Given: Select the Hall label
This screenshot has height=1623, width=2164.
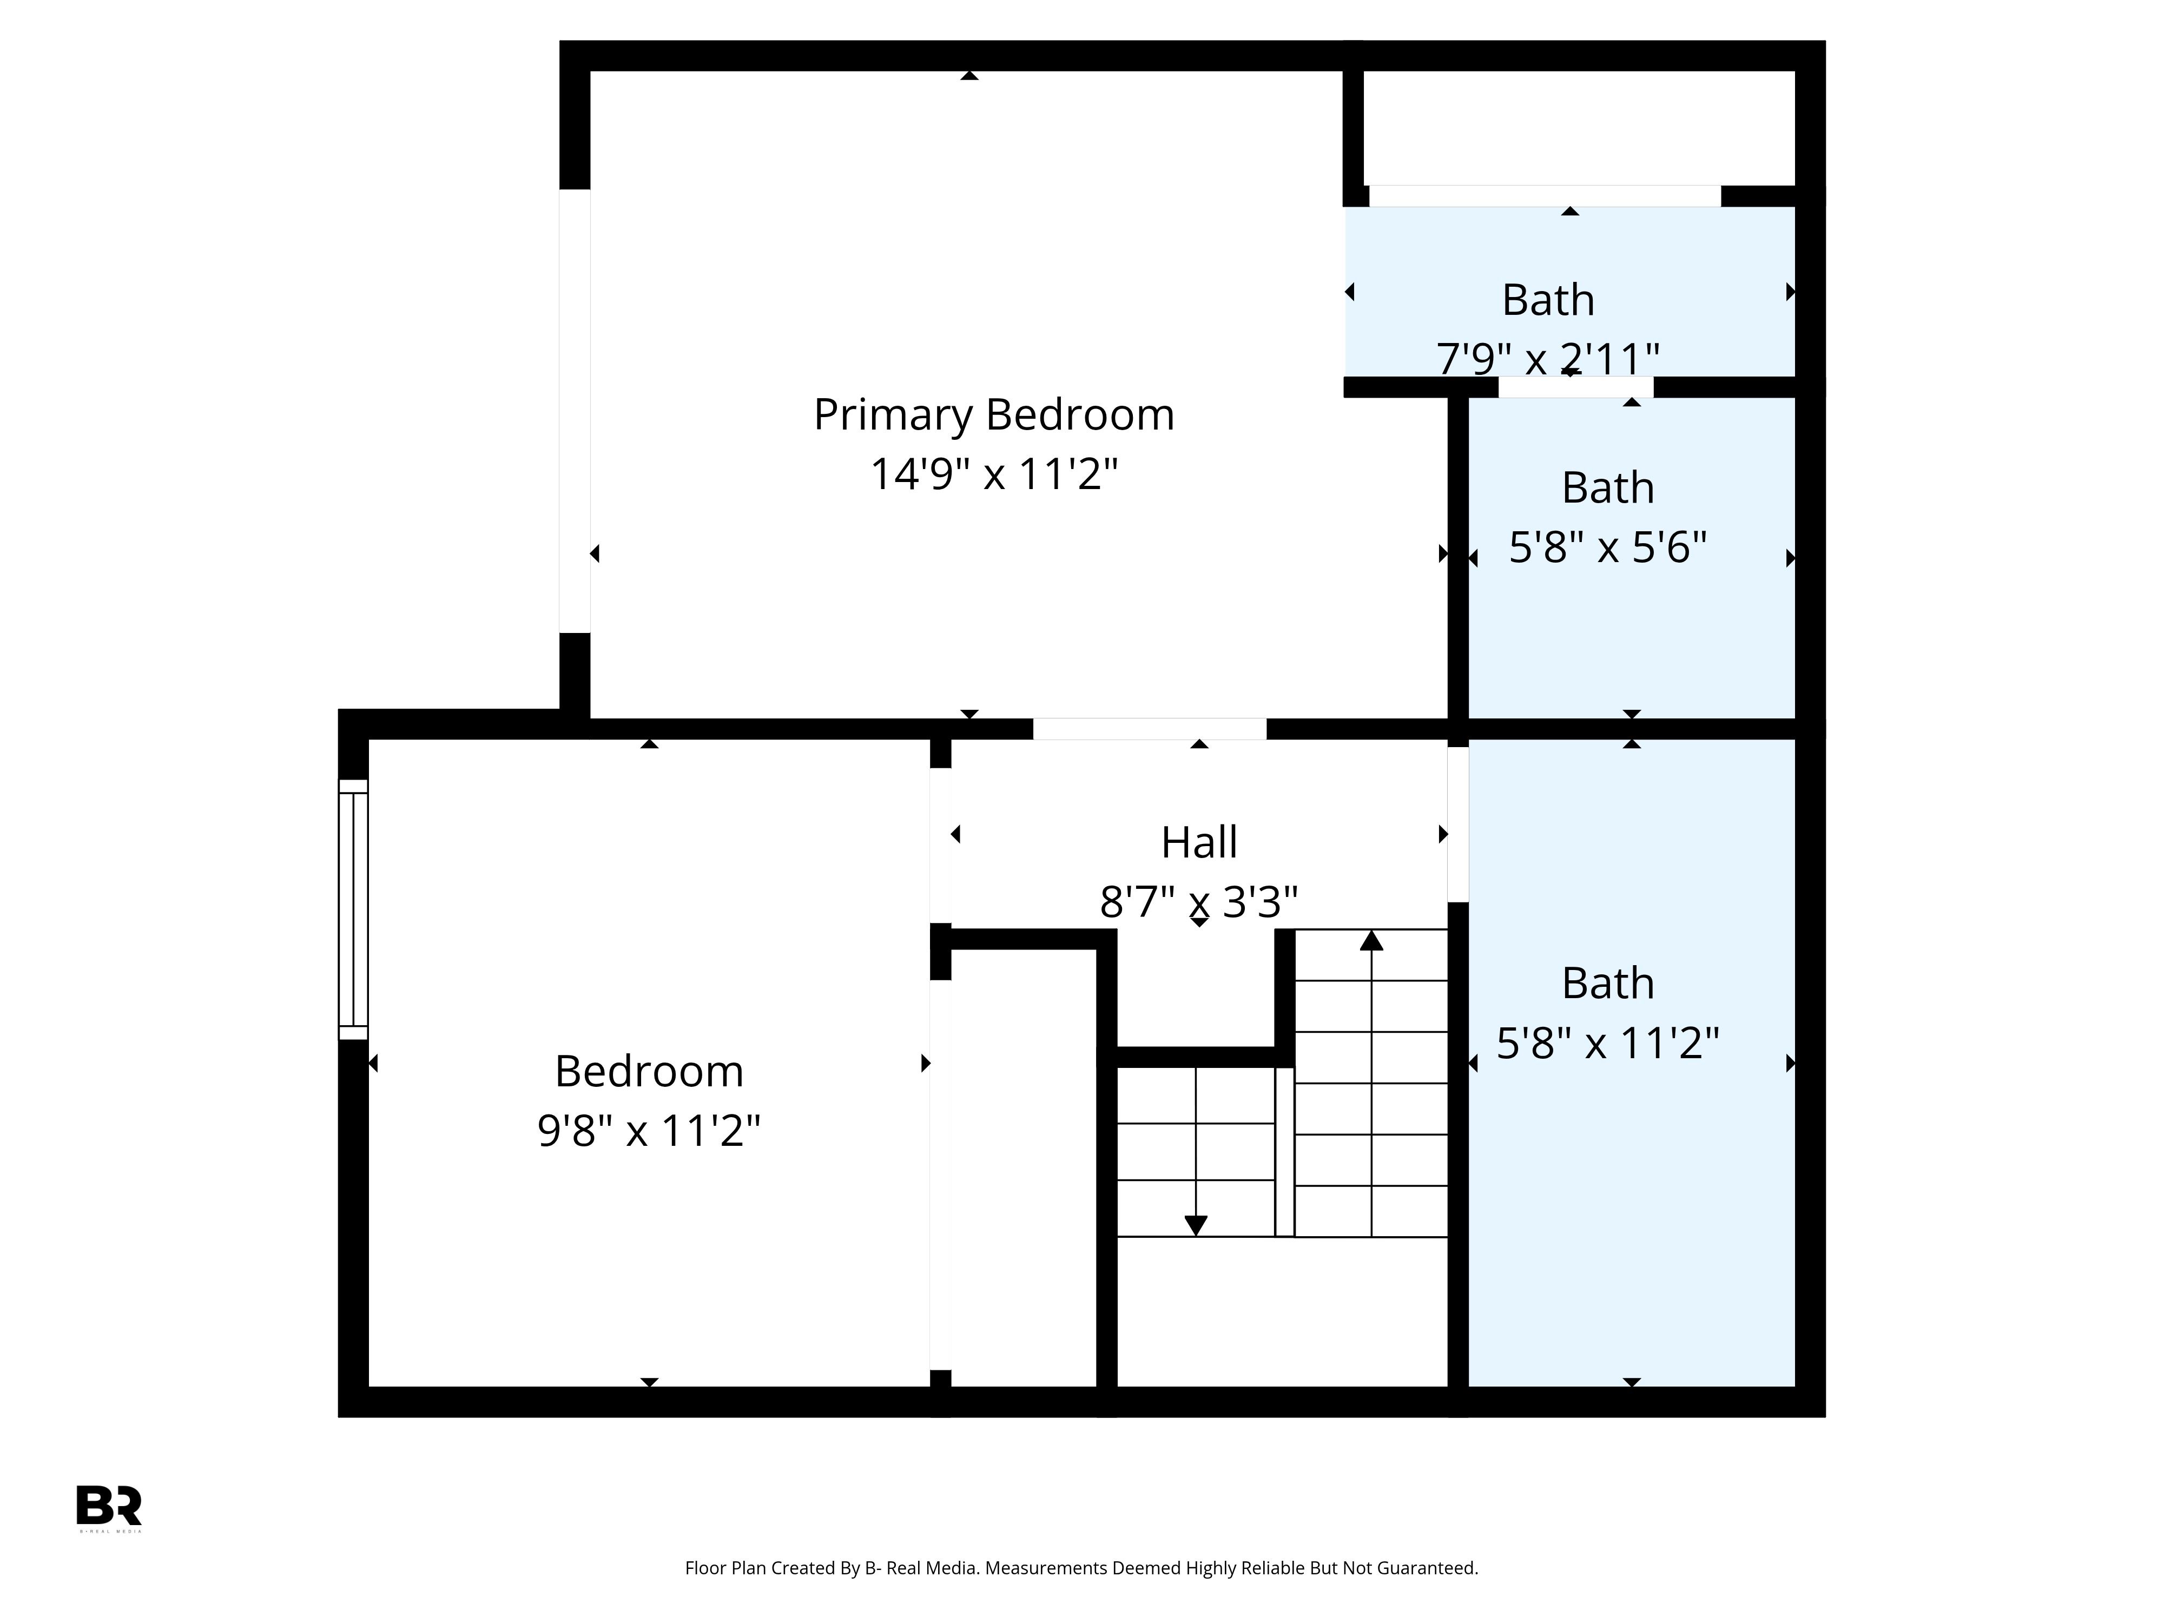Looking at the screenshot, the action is click(1199, 842).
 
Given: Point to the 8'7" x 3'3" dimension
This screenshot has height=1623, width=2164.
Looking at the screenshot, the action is click(1199, 902).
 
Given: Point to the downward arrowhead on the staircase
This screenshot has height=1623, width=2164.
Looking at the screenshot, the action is click(1196, 1226).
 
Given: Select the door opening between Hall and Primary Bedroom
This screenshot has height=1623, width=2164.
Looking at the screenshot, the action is click(1150, 729).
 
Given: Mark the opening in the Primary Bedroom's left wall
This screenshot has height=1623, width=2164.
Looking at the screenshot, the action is click(574, 411).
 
